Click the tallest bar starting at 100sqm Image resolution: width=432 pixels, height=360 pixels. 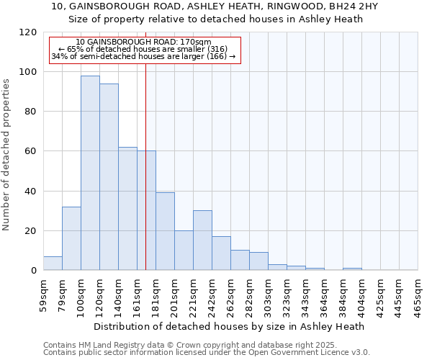(90, 173)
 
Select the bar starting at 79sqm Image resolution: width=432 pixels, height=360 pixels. (71, 238)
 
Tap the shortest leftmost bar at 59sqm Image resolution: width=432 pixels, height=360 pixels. (53, 263)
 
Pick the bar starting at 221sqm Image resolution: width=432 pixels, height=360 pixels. (202, 240)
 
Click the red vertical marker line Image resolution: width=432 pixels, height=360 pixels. (146, 180)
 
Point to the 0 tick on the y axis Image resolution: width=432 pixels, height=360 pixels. (33, 271)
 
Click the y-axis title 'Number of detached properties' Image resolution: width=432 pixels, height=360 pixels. (7, 155)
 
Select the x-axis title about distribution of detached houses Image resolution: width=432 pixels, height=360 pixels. (230, 326)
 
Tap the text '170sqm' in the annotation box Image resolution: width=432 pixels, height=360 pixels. (197, 42)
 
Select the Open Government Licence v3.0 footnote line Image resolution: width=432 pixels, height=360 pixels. (207, 353)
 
